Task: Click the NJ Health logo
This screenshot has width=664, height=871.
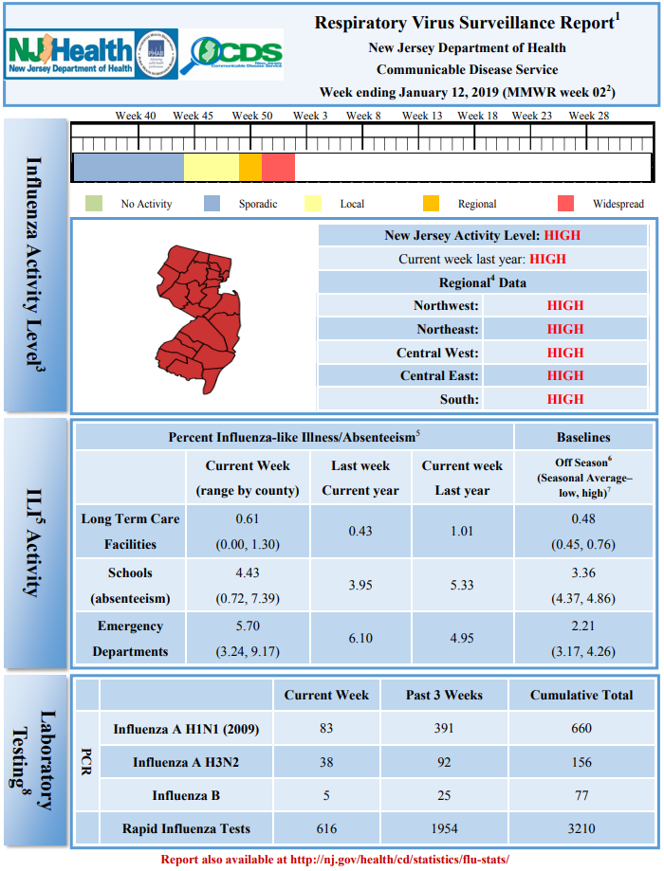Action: (x=70, y=54)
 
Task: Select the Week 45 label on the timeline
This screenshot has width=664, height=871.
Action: (x=193, y=116)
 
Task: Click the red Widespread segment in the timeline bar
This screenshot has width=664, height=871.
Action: (x=278, y=167)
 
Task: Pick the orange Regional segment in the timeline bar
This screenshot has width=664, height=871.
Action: (x=250, y=167)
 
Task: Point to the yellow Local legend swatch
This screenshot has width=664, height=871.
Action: (x=313, y=204)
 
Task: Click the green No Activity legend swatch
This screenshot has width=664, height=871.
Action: (x=94, y=204)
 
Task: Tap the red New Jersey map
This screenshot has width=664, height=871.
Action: (x=198, y=318)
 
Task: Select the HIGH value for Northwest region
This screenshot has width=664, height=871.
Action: (x=565, y=305)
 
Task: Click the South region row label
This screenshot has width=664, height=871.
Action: (x=459, y=399)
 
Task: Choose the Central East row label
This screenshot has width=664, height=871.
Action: (x=439, y=376)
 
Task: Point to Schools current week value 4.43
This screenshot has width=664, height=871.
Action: (x=248, y=572)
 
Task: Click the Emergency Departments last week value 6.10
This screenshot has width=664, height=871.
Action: (x=360, y=638)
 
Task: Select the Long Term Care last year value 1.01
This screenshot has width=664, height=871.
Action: (x=462, y=531)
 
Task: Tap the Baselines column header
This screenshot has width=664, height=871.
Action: (x=583, y=437)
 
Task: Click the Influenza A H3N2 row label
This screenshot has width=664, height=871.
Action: (x=186, y=762)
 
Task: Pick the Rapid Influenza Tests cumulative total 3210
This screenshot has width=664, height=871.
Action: (x=581, y=828)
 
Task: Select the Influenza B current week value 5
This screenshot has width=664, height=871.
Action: (x=326, y=795)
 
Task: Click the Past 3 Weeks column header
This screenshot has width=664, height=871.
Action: (x=444, y=695)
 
